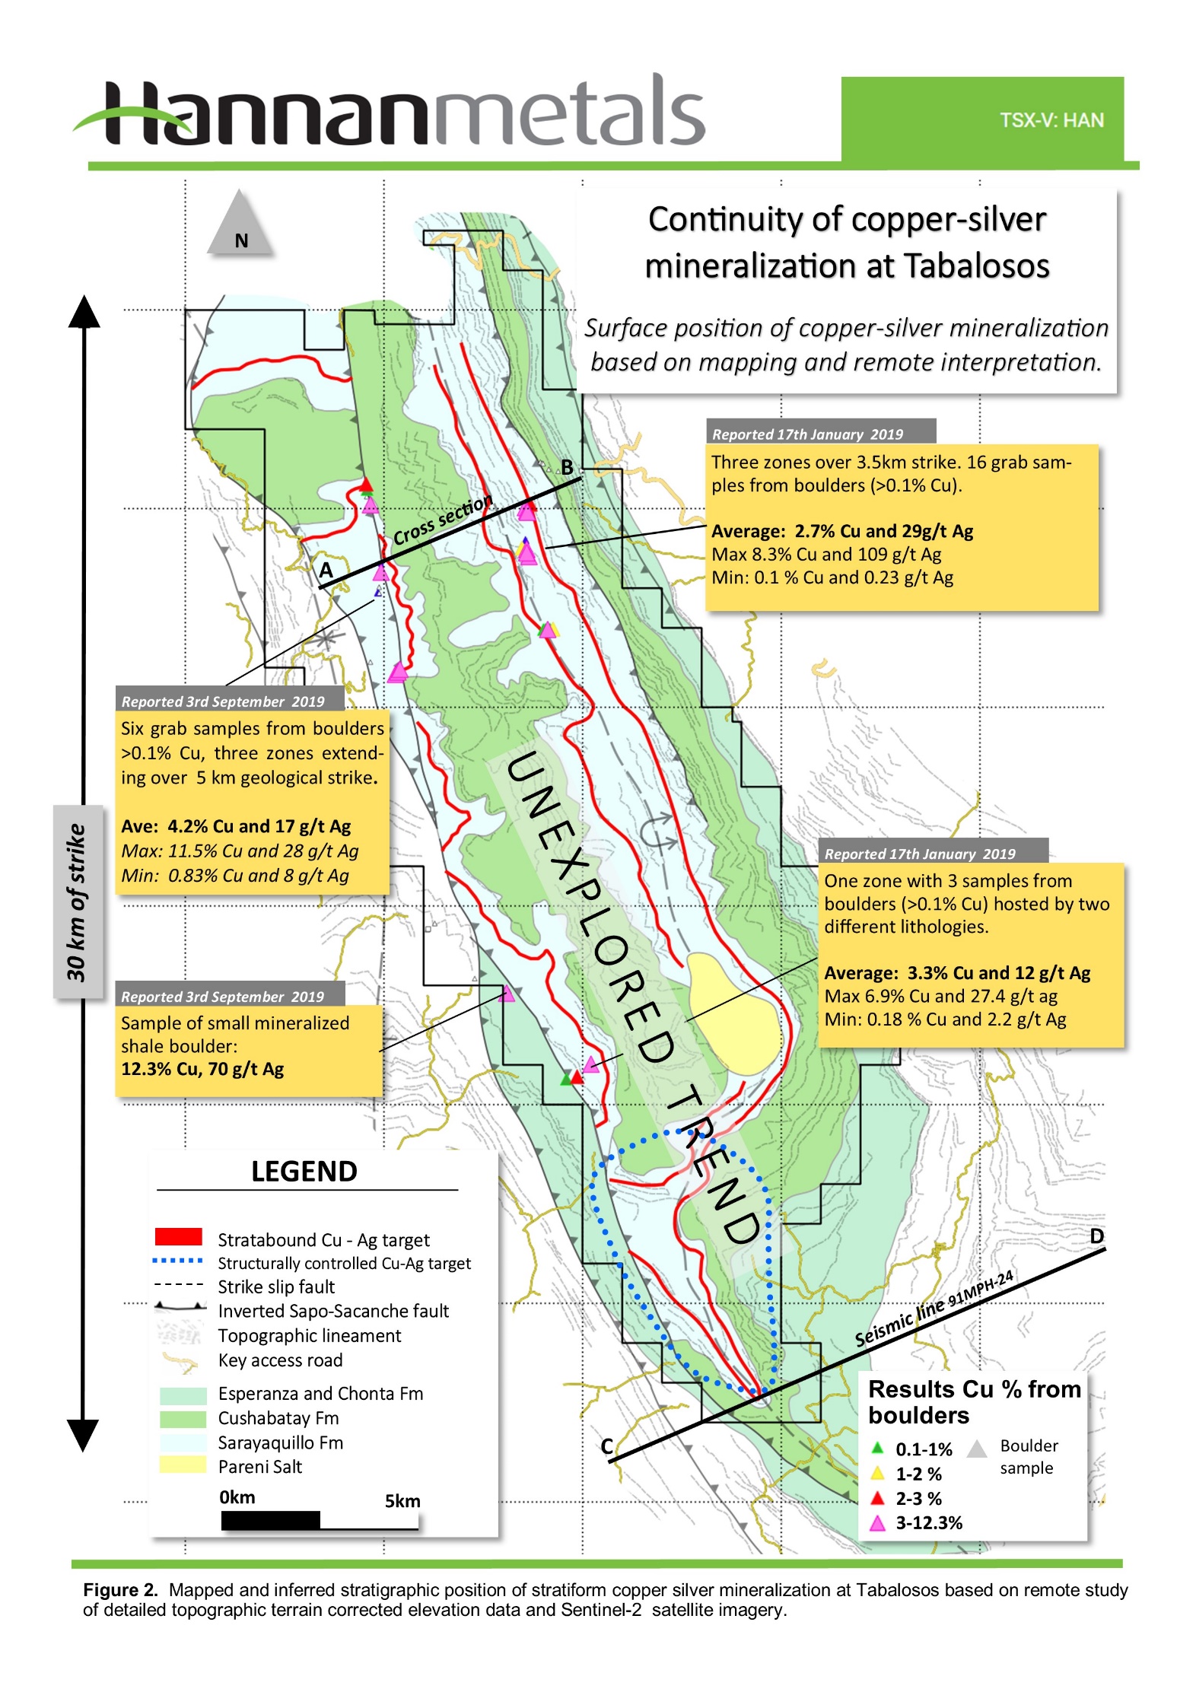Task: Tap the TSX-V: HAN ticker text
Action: tap(1051, 120)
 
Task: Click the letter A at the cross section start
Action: tap(326, 570)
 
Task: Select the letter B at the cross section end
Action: tap(567, 467)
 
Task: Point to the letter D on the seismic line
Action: tap(1096, 1236)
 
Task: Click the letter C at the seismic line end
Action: tap(606, 1446)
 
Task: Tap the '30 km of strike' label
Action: tap(77, 902)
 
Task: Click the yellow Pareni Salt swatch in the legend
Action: tap(183, 1465)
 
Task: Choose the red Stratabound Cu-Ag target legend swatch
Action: tap(179, 1236)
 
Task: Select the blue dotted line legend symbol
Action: tap(178, 1261)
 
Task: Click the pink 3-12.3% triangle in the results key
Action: tap(877, 1522)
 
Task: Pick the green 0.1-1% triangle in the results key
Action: tap(877, 1448)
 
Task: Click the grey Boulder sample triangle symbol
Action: tap(976, 1448)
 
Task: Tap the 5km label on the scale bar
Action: tap(402, 1501)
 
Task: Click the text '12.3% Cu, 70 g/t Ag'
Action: tap(202, 1069)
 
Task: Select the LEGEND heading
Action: tap(304, 1171)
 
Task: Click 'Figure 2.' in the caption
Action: tap(120, 1590)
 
